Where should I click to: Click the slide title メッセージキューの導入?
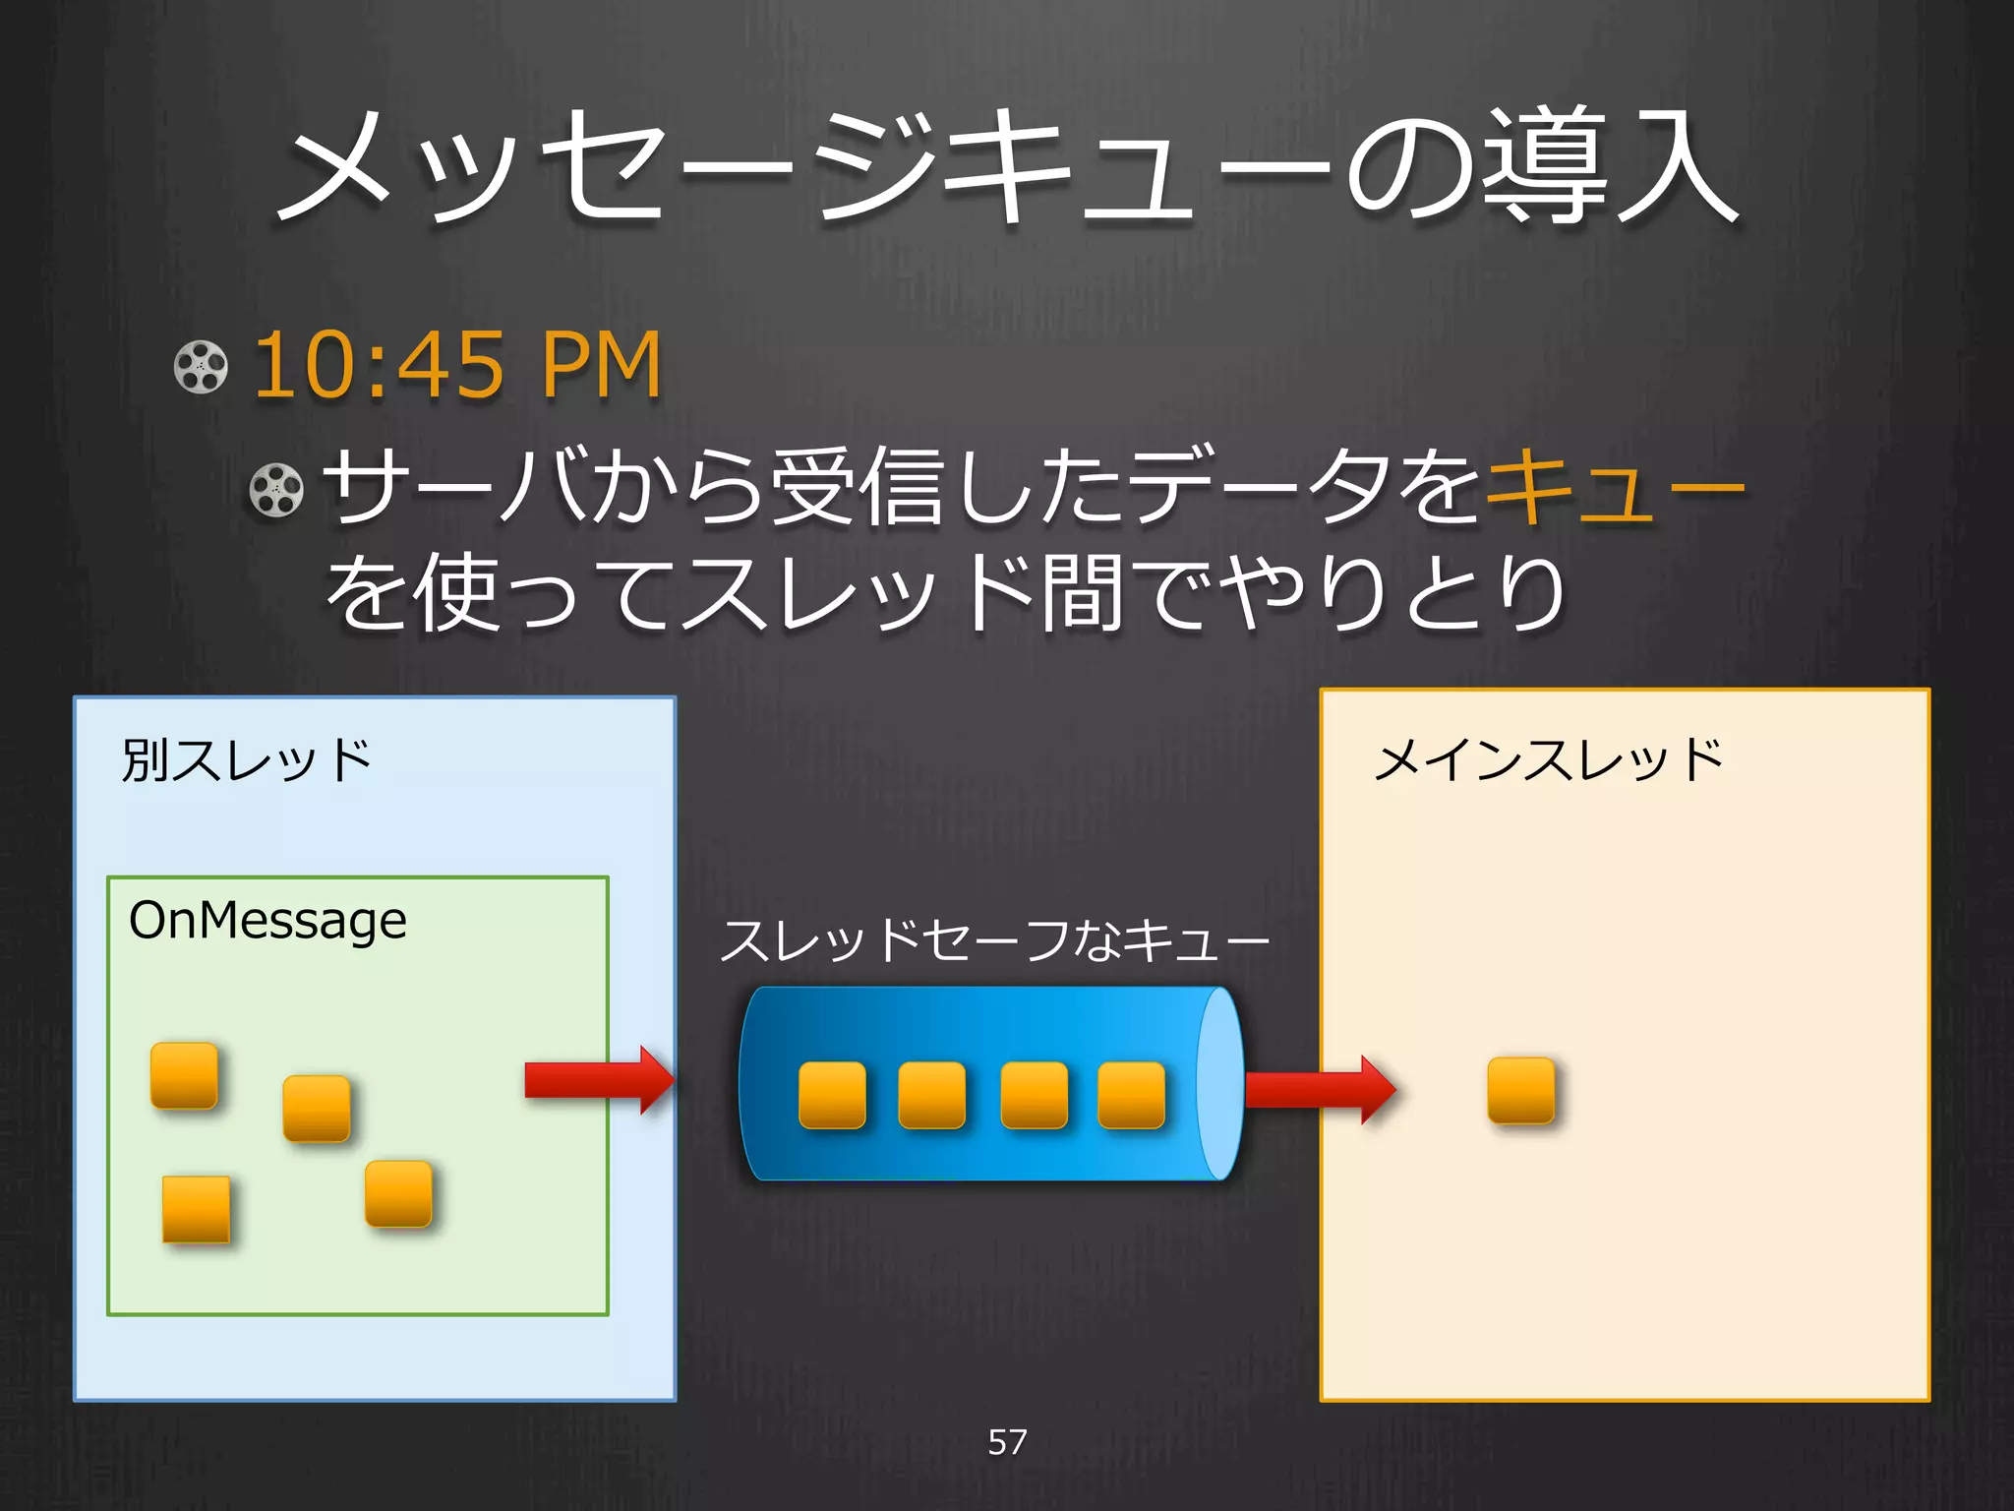[1007, 167]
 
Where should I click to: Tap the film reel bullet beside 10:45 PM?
[201, 367]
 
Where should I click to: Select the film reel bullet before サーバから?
[276, 489]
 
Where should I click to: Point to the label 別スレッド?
[246, 760]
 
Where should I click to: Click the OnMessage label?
[267, 921]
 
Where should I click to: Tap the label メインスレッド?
[1548, 760]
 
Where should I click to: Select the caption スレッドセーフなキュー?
[993, 940]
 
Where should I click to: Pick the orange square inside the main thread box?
[1520, 1090]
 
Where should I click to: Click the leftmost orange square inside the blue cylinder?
[832, 1095]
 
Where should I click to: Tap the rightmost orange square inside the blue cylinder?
[1131, 1095]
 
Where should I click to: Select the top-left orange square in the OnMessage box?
[184, 1075]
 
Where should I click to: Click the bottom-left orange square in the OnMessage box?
[196, 1209]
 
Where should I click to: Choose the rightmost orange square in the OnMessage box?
[398, 1193]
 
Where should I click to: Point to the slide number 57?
[1007, 1442]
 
